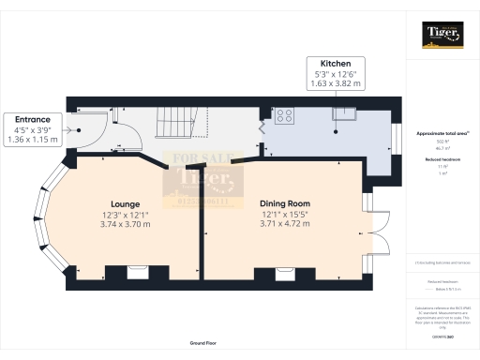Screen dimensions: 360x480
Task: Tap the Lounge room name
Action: click(x=125, y=203)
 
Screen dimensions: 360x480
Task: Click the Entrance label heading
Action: click(x=33, y=120)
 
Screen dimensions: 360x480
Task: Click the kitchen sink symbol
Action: click(x=344, y=114)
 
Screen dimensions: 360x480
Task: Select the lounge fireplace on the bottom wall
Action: click(x=139, y=272)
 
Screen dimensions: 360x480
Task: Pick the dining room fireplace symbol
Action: click(x=285, y=272)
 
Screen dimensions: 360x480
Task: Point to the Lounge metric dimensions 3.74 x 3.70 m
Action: click(x=125, y=225)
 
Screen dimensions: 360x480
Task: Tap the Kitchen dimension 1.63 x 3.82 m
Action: click(x=336, y=83)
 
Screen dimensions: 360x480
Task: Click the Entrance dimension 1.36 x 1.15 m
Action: click(x=33, y=141)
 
